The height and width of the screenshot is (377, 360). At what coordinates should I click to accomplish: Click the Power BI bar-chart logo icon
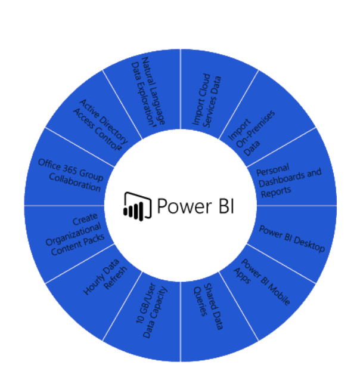coord(137,206)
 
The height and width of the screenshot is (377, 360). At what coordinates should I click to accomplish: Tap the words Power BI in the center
coord(195,206)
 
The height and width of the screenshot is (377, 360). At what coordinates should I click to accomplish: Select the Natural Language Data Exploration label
coord(148,91)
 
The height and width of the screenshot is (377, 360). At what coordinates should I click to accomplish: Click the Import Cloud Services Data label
coord(207,100)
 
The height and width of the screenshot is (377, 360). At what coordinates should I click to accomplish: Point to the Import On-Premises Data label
coord(251,133)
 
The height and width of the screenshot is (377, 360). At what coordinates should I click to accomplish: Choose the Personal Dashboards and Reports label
coord(288,180)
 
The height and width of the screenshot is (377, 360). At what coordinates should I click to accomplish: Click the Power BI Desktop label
coord(292,239)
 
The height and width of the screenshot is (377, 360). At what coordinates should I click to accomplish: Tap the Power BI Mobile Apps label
coord(262,282)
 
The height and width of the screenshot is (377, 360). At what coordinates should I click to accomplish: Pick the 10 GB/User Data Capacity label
coord(151,311)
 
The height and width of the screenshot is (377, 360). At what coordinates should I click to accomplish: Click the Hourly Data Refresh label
coord(105,277)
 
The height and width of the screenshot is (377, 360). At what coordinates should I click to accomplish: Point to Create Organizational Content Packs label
coord(75,234)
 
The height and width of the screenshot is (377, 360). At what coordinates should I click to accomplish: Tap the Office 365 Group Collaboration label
coord(70,175)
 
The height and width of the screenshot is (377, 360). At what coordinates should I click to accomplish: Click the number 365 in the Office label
coord(70,169)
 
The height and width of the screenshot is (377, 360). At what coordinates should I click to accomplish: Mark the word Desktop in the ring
coord(309,244)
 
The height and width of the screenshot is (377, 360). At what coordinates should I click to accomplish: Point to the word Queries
coord(200,301)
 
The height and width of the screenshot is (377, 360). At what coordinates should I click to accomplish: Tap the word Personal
coord(273,170)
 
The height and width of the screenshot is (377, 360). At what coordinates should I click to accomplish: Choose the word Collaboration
coord(75,183)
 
